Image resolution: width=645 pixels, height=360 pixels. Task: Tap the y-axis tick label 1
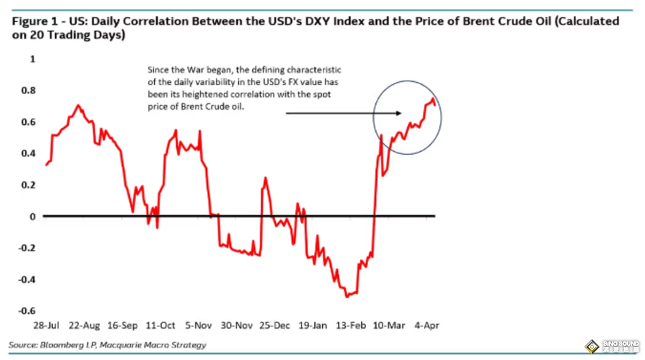[x=34, y=59]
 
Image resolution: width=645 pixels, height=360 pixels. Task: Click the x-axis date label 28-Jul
[x=47, y=326]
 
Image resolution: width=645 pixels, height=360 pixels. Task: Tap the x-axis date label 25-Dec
[x=274, y=326]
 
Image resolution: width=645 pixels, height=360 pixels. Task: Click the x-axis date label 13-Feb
[x=351, y=326]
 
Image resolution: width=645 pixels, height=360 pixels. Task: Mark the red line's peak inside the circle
[x=433, y=99]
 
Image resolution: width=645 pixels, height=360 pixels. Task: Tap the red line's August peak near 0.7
[x=77, y=105]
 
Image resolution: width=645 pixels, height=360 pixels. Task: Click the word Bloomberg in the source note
[x=60, y=345]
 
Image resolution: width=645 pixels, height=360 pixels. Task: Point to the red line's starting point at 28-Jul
[x=45, y=165]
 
